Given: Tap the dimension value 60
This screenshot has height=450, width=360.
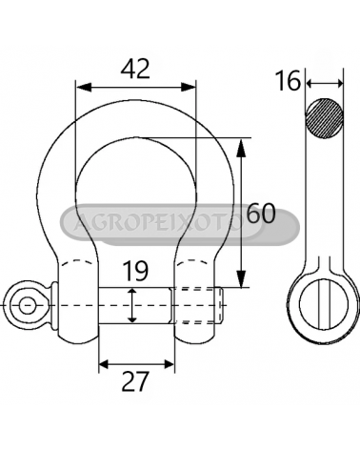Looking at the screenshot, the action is pos(261,214).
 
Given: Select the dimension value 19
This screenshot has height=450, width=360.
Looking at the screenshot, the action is pos(135,271).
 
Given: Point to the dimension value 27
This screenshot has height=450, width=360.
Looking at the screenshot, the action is pos(135,381).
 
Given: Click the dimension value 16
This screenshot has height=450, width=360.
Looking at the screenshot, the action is pos(288,81).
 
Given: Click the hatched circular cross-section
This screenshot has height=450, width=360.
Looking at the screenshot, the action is pos(325,118).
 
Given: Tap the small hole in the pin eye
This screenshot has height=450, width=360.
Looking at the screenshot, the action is pos(28,305).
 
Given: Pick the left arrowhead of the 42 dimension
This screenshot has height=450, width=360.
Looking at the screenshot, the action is pos(83,87).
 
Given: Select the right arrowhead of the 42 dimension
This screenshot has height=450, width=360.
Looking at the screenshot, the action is pos(189,87).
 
